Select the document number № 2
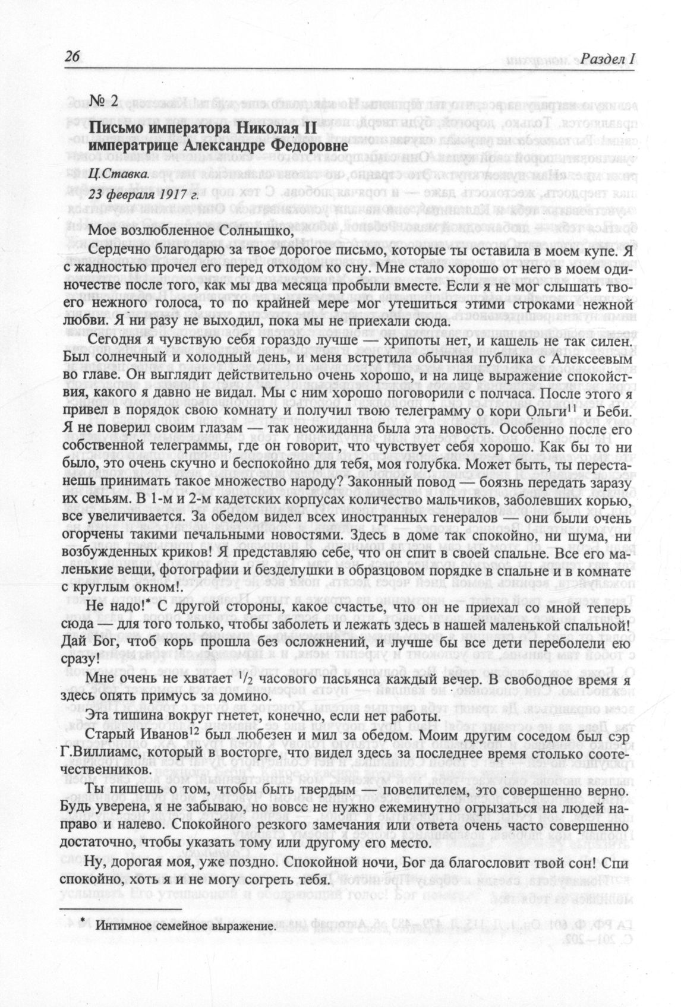click(x=103, y=101)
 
